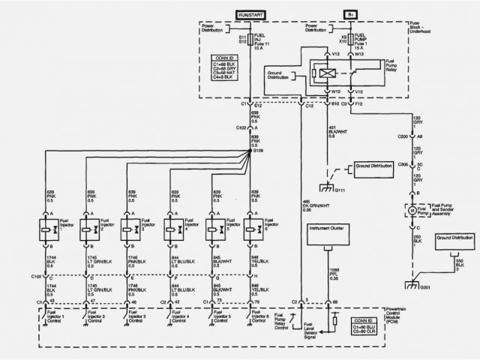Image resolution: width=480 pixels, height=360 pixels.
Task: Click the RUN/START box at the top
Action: [250, 15]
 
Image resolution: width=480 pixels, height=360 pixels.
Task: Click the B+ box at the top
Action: [350, 15]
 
